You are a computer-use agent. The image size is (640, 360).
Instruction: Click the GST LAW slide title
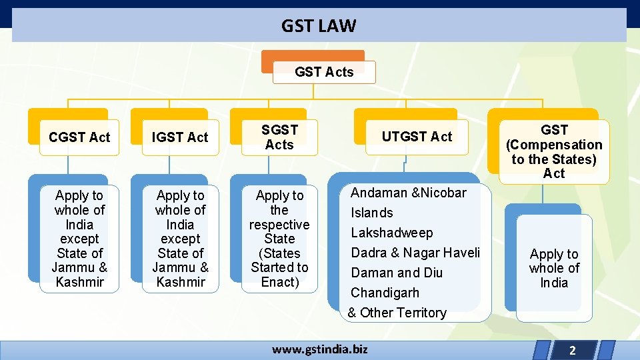[319, 26]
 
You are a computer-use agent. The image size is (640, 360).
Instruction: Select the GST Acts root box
[324, 72]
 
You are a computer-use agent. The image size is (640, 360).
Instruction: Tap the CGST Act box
[79, 137]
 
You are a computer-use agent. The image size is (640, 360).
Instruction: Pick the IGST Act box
[180, 137]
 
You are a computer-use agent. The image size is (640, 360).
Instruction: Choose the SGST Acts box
[279, 137]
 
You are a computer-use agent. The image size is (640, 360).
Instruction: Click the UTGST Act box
[417, 137]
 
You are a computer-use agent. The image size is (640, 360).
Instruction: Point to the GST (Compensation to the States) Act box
[554, 151]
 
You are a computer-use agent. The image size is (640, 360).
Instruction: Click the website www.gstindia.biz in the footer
[319, 349]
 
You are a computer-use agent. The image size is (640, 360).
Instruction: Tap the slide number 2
[572, 350]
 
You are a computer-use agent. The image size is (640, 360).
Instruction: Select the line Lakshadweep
[392, 233]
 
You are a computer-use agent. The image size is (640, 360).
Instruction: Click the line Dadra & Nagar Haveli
[415, 253]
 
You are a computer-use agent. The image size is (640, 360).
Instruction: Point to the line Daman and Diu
[397, 273]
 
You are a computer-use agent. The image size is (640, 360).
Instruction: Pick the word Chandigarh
[385, 293]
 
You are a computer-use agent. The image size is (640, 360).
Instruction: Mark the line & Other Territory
[397, 313]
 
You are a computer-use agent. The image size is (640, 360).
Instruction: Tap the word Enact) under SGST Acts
[279, 282]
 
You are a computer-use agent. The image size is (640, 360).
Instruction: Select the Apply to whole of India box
[554, 268]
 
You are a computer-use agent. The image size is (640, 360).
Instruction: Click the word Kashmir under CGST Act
[80, 282]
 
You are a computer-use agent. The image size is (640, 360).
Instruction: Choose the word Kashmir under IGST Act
[181, 282]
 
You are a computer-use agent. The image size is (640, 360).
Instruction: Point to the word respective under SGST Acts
[279, 225]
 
